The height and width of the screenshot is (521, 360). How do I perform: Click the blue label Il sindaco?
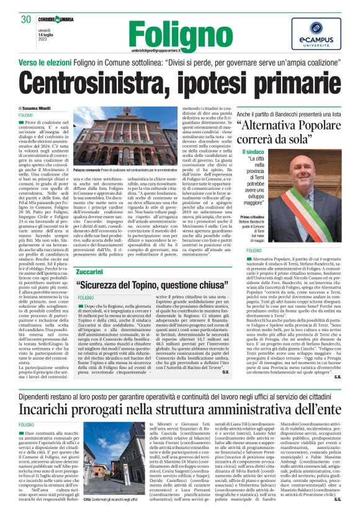(253, 151)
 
